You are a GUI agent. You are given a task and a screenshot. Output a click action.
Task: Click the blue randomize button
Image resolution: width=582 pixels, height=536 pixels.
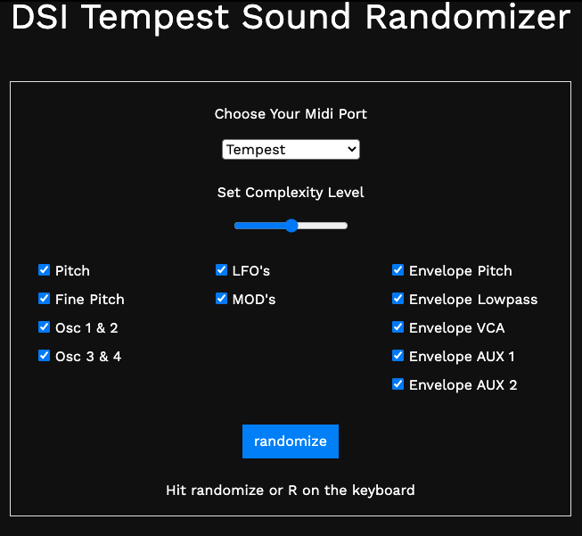click(291, 441)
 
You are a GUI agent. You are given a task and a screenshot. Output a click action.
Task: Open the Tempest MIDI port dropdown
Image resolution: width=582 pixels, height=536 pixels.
click(291, 149)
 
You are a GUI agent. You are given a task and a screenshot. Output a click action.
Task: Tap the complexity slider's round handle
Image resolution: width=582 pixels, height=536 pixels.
click(291, 226)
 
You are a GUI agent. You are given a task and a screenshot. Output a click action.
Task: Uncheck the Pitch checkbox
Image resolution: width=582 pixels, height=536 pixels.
click(45, 270)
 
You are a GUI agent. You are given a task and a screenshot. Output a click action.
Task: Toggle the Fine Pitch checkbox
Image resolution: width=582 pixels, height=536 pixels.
click(45, 298)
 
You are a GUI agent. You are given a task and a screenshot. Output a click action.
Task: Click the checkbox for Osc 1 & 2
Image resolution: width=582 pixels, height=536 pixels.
click(45, 327)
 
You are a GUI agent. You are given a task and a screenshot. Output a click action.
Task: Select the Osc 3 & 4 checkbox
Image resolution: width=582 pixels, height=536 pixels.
click(45, 356)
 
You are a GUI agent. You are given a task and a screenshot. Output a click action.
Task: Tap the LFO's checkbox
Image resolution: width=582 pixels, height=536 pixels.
click(222, 270)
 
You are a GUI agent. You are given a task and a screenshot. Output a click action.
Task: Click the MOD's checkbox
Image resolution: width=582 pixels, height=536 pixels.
click(222, 298)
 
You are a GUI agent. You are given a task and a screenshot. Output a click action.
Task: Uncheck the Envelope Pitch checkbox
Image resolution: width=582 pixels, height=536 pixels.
click(398, 270)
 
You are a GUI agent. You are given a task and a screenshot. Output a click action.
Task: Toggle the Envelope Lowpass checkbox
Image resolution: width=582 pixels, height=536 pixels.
click(398, 298)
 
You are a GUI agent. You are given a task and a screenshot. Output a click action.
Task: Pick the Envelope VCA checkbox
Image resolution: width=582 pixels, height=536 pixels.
click(398, 327)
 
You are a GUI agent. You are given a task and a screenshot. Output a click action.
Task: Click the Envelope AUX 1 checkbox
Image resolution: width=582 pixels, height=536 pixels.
click(398, 356)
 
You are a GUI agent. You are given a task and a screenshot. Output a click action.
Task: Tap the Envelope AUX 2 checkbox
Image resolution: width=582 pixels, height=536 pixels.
click(398, 384)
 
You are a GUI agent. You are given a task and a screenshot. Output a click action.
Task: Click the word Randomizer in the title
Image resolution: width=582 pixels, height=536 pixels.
click(468, 17)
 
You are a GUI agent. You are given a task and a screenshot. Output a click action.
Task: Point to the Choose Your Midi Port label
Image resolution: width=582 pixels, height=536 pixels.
click(291, 114)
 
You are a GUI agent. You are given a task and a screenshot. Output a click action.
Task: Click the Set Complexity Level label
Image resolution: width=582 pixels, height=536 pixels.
click(291, 193)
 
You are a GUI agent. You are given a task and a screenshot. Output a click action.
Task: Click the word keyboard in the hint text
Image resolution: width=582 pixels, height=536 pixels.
click(383, 491)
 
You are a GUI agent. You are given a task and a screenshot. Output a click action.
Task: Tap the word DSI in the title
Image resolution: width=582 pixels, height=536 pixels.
click(40, 17)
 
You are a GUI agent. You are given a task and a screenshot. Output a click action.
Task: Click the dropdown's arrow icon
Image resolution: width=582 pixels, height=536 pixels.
click(351, 149)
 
